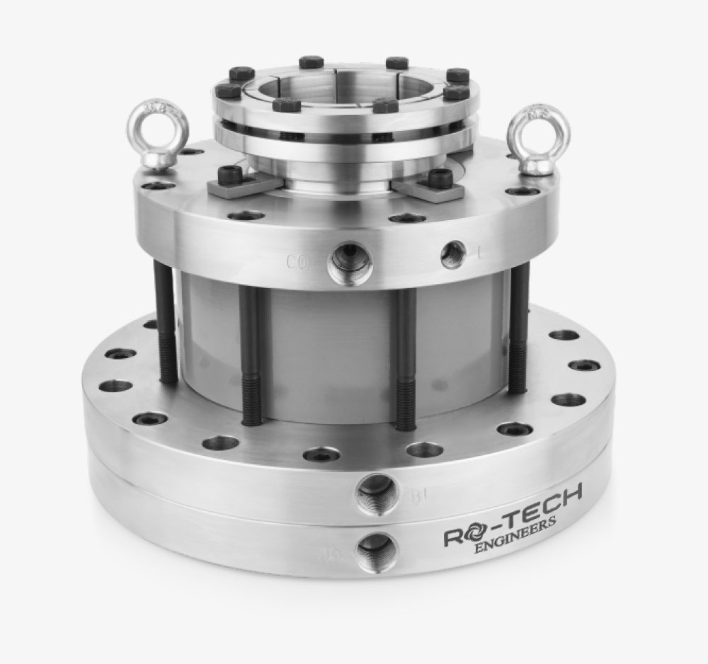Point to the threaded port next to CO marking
(x=349, y=261)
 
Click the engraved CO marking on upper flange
(x=298, y=263)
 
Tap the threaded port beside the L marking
(x=452, y=254)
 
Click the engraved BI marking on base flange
(x=418, y=497)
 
